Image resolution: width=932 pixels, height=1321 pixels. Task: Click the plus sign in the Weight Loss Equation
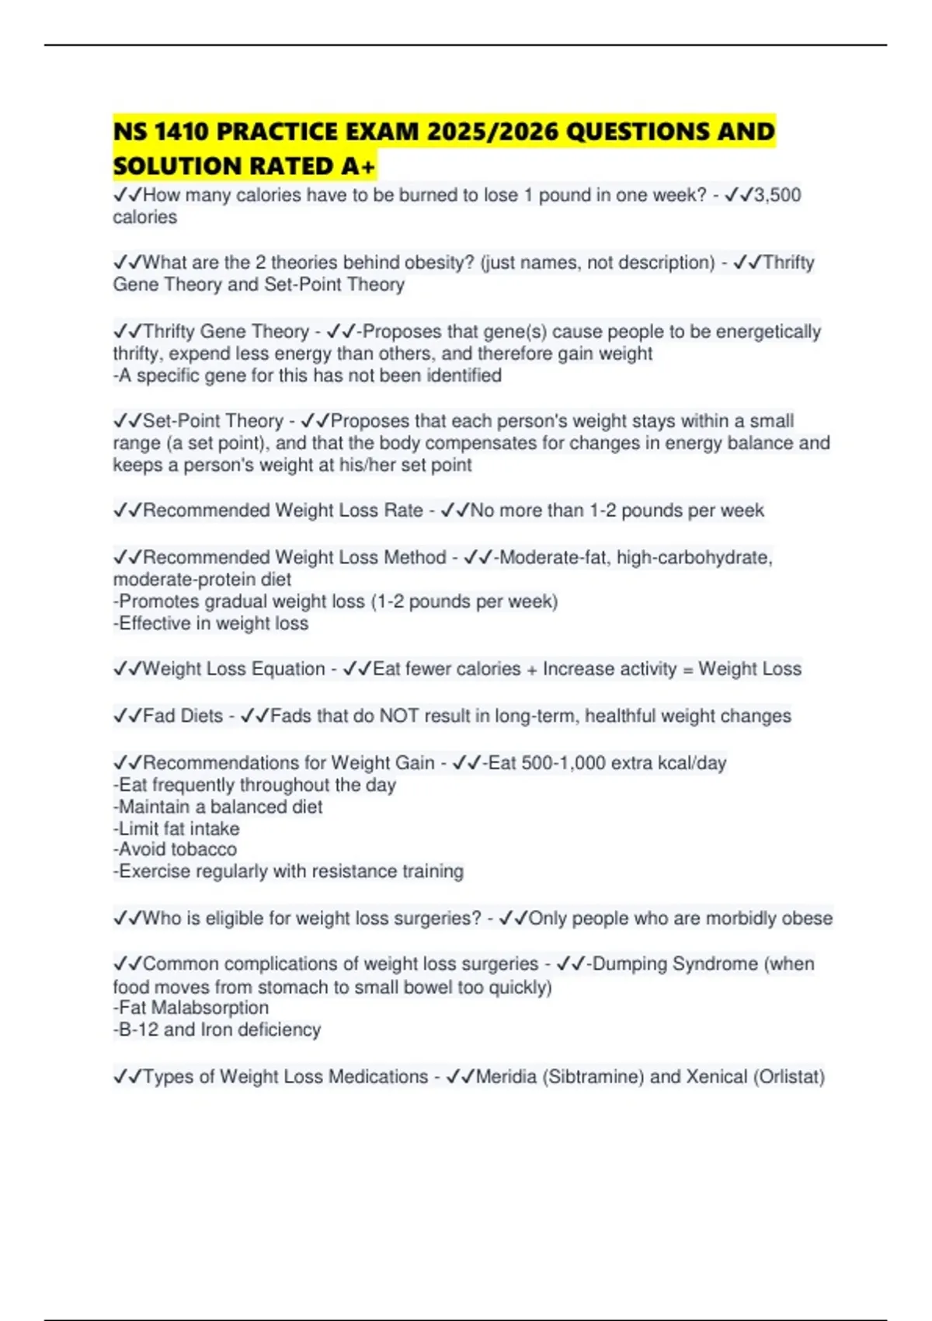click(532, 669)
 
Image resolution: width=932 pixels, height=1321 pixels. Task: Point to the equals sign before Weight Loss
click(687, 669)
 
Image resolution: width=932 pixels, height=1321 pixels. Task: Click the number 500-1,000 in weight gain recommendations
click(563, 763)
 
